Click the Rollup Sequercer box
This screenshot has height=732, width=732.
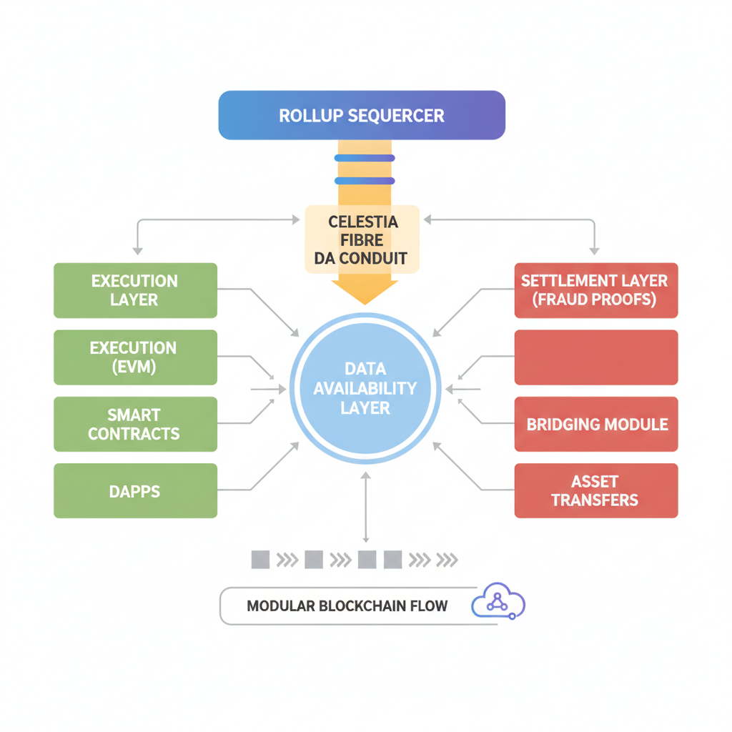pos(362,115)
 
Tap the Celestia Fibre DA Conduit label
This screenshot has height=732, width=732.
pos(362,240)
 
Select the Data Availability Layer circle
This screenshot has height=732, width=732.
pos(366,388)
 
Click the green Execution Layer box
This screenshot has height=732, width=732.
pos(135,290)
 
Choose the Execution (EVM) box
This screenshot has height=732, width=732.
pos(135,357)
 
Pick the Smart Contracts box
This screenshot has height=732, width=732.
pos(135,424)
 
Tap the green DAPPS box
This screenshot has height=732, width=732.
pos(135,491)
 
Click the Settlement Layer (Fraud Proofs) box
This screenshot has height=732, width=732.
pos(595,290)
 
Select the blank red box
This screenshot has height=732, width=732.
pos(595,357)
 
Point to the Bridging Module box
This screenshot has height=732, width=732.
pos(595,424)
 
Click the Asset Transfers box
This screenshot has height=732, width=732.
pos(595,491)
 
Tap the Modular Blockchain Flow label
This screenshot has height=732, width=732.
pos(347,606)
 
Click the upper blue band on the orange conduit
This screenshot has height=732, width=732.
pos(364,158)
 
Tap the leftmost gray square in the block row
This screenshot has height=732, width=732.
pos(260,559)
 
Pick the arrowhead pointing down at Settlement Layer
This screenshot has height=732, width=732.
pos(593,250)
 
